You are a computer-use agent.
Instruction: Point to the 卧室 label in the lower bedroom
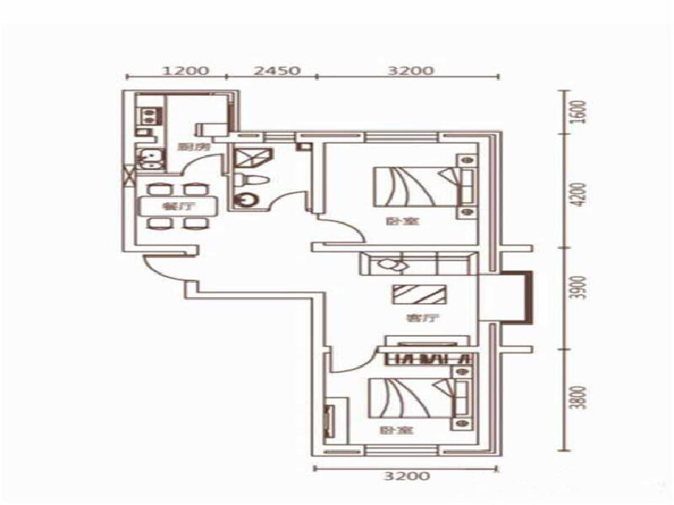(389, 431)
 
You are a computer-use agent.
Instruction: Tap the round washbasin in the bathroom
(247, 200)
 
